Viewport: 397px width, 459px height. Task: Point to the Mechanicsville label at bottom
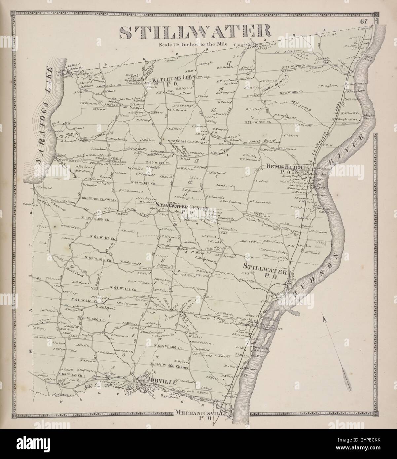[x=202, y=413]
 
